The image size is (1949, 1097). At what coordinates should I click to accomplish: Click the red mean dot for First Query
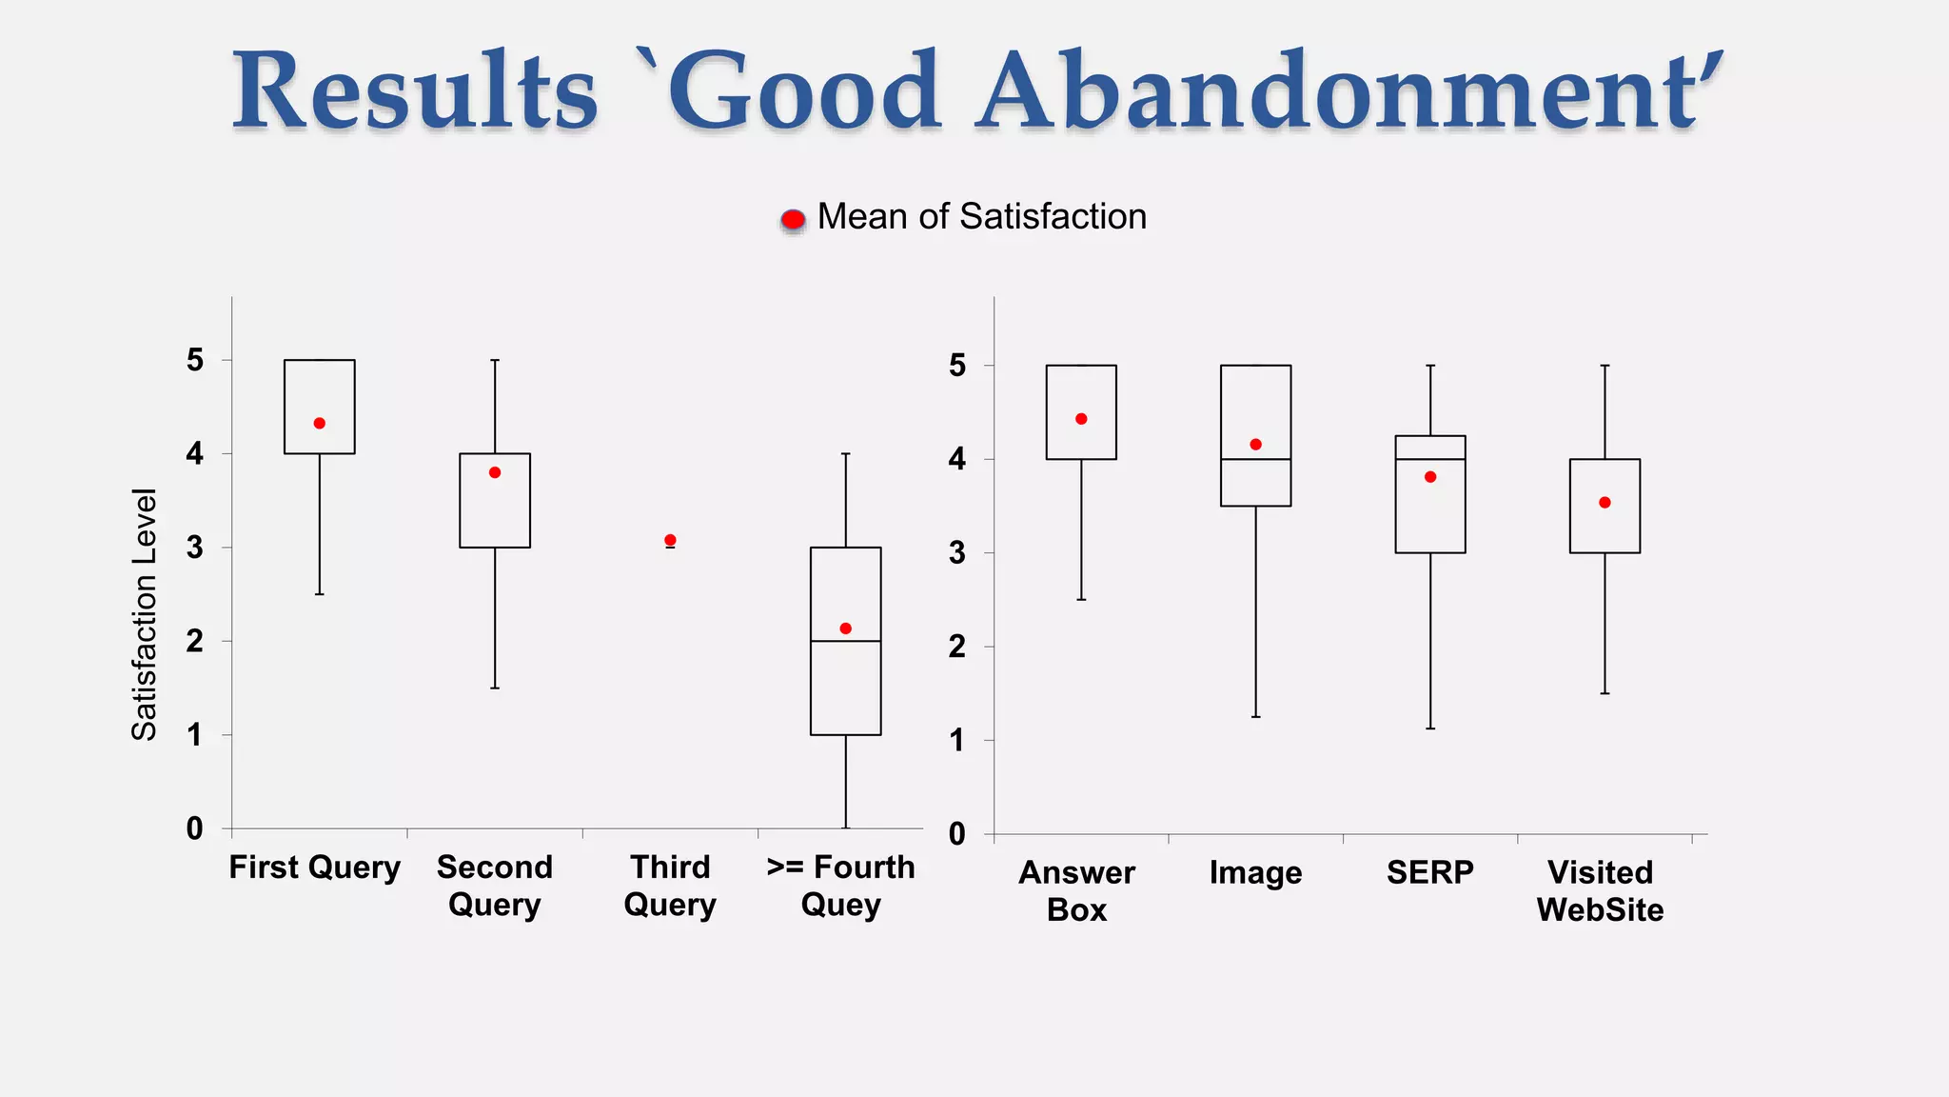pyautogui.click(x=320, y=423)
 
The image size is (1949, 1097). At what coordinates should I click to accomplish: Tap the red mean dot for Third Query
pyautogui.click(x=670, y=540)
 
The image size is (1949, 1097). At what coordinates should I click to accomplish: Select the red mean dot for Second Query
pyautogui.click(x=495, y=472)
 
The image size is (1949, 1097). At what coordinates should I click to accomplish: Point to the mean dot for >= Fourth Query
pyautogui.click(x=845, y=628)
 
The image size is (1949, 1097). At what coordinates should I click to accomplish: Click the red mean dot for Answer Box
pyautogui.click(x=1081, y=419)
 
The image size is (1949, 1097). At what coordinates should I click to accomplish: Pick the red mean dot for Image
pyautogui.click(x=1255, y=445)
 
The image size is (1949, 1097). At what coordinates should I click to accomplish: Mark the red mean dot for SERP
pyautogui.click(x=1430, y=477)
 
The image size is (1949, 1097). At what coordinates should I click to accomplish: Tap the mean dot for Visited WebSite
pyautogui.click(x=1604, y=503)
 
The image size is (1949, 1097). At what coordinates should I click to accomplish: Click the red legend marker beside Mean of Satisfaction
pyautogui.click(x=793, y=220)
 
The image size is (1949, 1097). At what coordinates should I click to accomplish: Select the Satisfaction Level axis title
pyautogui.click(x=144, y=614)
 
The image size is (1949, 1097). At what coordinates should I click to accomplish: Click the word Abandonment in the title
pyautogui.click(x=1349, y=92)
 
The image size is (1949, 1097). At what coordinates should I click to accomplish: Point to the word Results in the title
pyautogui.click(x=415, y=92)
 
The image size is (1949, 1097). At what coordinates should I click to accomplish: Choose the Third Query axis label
pyautogui.click(x=670, y=886)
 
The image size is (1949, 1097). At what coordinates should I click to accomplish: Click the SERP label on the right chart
pyautogui.click(x=1429, y=872)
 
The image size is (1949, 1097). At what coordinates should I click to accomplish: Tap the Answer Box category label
pyautogui.click(x=1077, y=890)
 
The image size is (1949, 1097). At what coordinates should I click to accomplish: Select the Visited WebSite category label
pyautogui.click(x=1600, y=890)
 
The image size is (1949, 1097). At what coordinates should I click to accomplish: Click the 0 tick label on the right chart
pyautogui.click(x=957, y=834)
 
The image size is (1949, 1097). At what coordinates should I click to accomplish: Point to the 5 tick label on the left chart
pyautogui.click(x=195, y=360)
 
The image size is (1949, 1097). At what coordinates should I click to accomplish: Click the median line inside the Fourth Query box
pyautogui.click(x=845, y=641)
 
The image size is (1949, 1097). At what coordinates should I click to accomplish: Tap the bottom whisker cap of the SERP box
pyautogui.click(x=1430, y=728)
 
